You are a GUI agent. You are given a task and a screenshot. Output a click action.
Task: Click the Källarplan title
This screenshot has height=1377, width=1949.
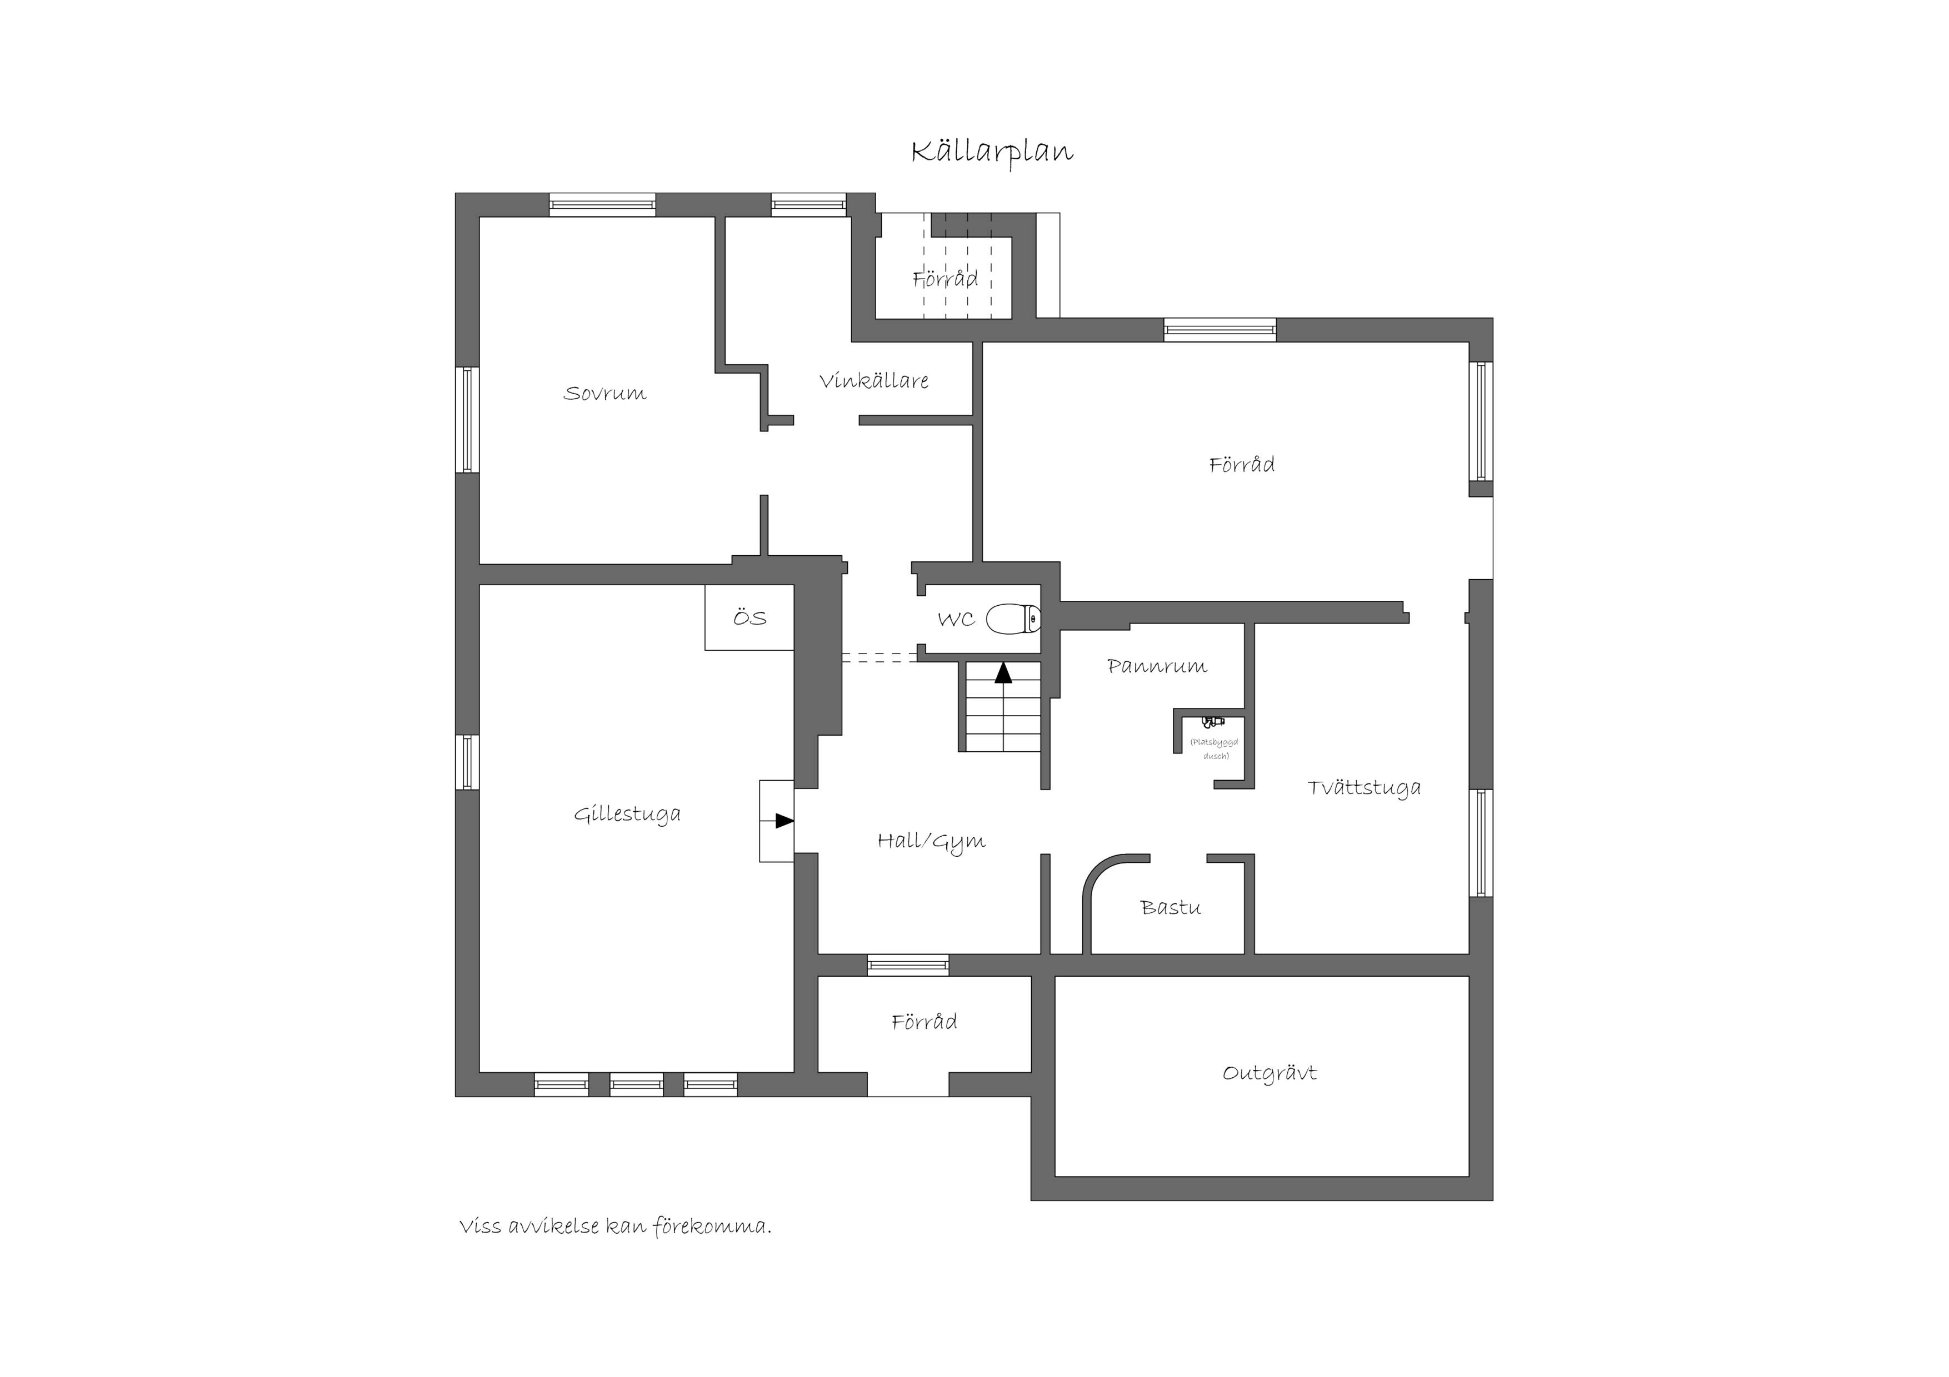(992, 153)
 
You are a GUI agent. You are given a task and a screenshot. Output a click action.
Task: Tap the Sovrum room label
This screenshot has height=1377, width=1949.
(604, 394)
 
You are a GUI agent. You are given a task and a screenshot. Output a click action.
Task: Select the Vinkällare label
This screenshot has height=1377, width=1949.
(873, 381)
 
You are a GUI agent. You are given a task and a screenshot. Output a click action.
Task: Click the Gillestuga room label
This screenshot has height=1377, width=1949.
(627, 815)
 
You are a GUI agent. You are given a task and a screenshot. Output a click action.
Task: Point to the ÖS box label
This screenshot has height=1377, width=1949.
(749, 617)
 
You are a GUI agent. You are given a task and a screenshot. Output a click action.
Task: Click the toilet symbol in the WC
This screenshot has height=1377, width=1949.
(1013, 619)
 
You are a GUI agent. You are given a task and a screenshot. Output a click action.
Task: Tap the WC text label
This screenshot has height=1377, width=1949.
(956, 619)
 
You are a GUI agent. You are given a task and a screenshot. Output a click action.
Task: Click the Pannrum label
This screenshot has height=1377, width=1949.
(1157, 666)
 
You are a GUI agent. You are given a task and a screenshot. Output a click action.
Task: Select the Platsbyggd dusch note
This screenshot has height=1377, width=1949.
(1215, 748)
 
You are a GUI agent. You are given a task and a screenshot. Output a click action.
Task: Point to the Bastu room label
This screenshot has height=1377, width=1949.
(1171, 908)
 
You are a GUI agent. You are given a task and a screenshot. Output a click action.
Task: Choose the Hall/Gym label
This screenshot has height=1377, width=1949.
(931, 842)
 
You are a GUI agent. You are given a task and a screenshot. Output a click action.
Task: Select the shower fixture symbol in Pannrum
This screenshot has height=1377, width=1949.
(1213, 722)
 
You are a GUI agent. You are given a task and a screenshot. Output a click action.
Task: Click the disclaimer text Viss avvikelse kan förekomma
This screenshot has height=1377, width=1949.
(616, 1227)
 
